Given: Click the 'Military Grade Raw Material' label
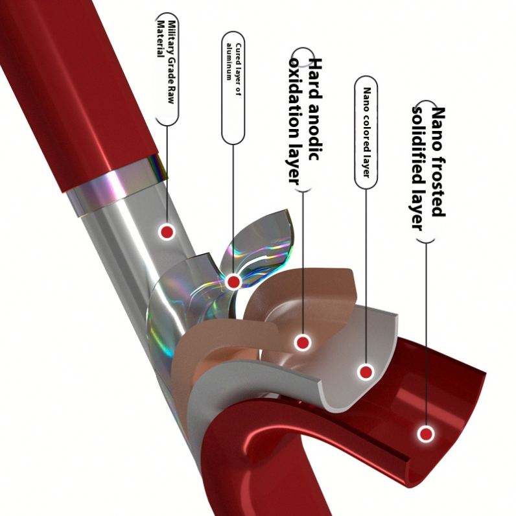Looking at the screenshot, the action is click(167, 68).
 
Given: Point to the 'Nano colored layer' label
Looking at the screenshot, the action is click(366, 133).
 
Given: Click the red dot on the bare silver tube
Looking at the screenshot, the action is click(167, 231).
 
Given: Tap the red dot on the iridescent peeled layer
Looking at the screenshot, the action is click(233, 281).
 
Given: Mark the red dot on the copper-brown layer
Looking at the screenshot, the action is click(301, 342).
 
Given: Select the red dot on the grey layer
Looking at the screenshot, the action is click(366, 372).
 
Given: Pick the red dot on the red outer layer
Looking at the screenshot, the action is click(425, 434).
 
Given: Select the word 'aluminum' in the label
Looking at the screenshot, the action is click(228, 62).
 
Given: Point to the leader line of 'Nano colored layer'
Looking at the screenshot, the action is click(366, 272).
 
